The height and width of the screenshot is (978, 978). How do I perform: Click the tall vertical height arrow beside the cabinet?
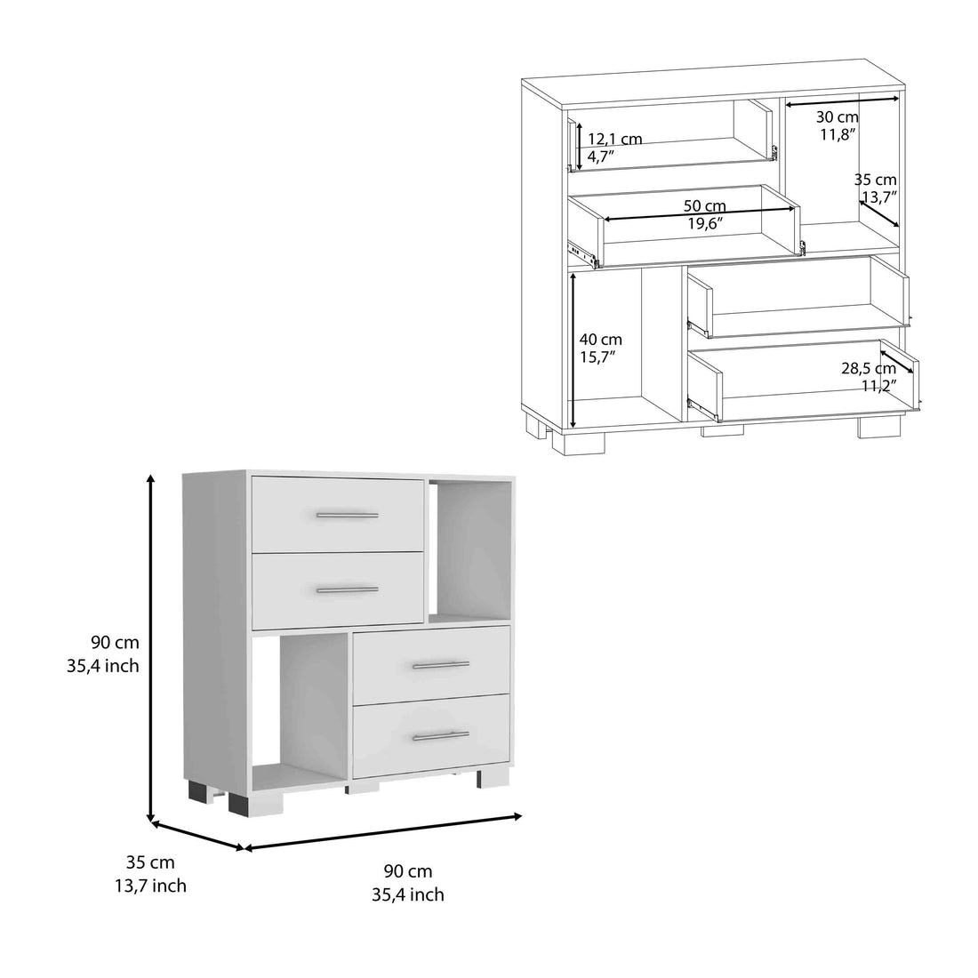[152, 649]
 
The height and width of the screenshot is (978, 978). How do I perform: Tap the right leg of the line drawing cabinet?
[872, 427]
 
